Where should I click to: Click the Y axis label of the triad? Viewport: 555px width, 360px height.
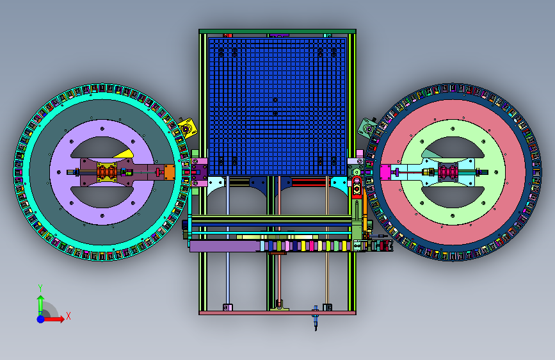pos(40,288)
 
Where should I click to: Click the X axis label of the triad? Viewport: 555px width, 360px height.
pos(68,316)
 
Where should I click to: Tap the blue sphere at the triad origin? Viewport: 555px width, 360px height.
pos(41,319)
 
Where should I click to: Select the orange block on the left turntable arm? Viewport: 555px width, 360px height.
pos(169,172)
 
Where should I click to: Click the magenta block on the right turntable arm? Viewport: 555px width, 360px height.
pos(385,172)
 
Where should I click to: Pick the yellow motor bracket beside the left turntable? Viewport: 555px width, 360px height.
pos(186,128)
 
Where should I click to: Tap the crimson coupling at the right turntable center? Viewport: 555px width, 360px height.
pos(447,172)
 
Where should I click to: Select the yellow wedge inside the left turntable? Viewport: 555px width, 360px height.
pos(125,154)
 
